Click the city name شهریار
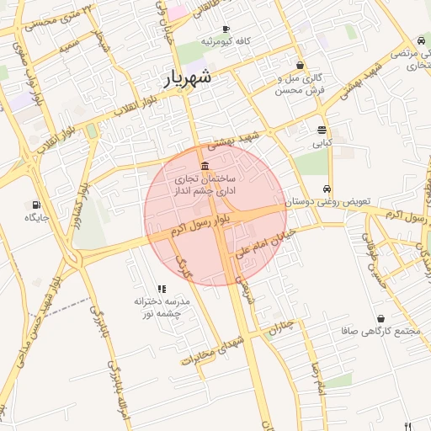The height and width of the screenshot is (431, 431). coord(188,78)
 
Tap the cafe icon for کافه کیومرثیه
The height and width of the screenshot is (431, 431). coord(226,29)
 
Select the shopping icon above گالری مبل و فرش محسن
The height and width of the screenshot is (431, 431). coord(301,65)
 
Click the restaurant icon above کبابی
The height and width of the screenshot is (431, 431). coord(322,130)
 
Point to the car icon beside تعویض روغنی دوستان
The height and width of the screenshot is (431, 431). coord(327,189)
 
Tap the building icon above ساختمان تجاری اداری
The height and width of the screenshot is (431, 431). coord(205,164)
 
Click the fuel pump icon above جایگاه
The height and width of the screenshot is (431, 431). coord(35,204)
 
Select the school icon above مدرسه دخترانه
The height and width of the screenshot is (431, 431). coord(162,289)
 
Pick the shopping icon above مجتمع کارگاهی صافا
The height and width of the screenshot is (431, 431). coord(382,319)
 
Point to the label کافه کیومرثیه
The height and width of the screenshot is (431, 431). coord(226,41)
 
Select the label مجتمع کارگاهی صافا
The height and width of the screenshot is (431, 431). coord(381,332)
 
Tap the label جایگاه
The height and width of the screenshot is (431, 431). coord(36,217)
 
